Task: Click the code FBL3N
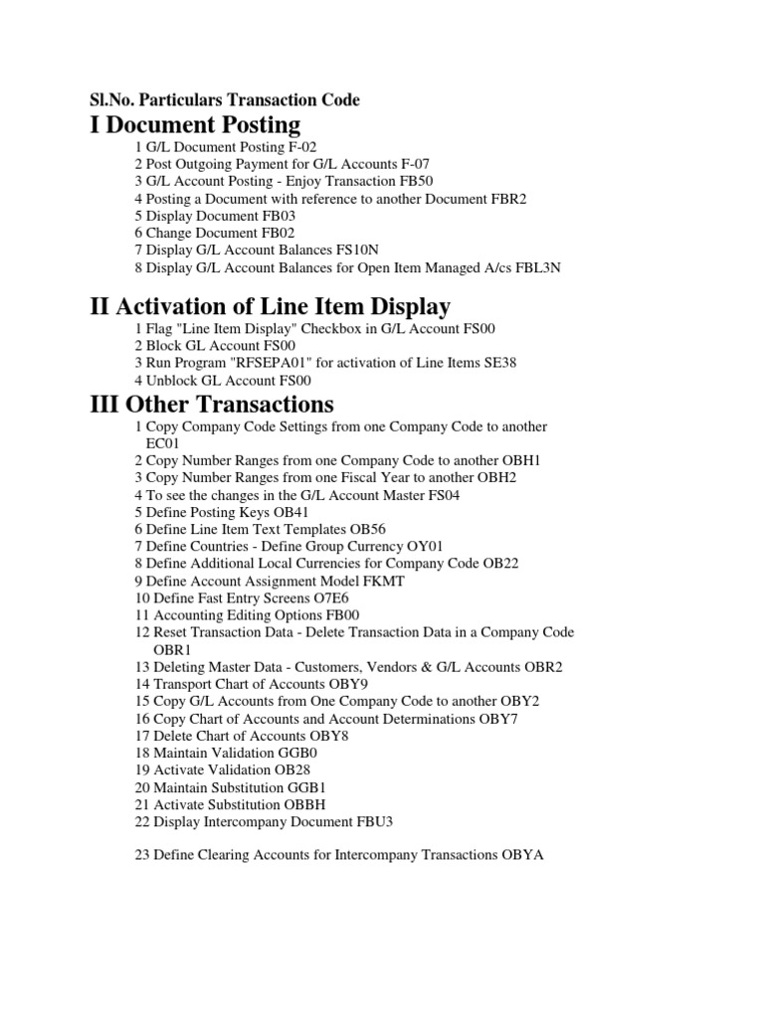pyautogui.click(x=539, y=268)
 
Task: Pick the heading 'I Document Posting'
pyautogui.click(x=195, y=124)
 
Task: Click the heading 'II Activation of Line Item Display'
pyautogui.click(x=270, y=306)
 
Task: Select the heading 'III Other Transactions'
pyautogui.click(x=211, y=404)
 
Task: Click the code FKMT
pyautogui.click(x=386, y=581)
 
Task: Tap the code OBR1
pyautogui.click(x=171, y=649)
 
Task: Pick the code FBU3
pyautogui.click(x=380, y=821)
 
